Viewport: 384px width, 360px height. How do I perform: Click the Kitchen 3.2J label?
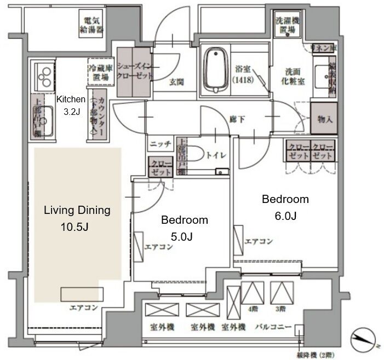pos(71,106)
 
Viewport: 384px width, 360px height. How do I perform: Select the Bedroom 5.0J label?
pos(184,228)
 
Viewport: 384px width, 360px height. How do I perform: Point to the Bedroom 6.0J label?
pos(285,207)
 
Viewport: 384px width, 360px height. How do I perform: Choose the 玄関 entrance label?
pos(176,83)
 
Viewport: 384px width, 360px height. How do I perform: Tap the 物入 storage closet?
pos(323,118)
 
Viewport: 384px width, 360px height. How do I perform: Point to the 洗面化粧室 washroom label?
pos(294,74)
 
